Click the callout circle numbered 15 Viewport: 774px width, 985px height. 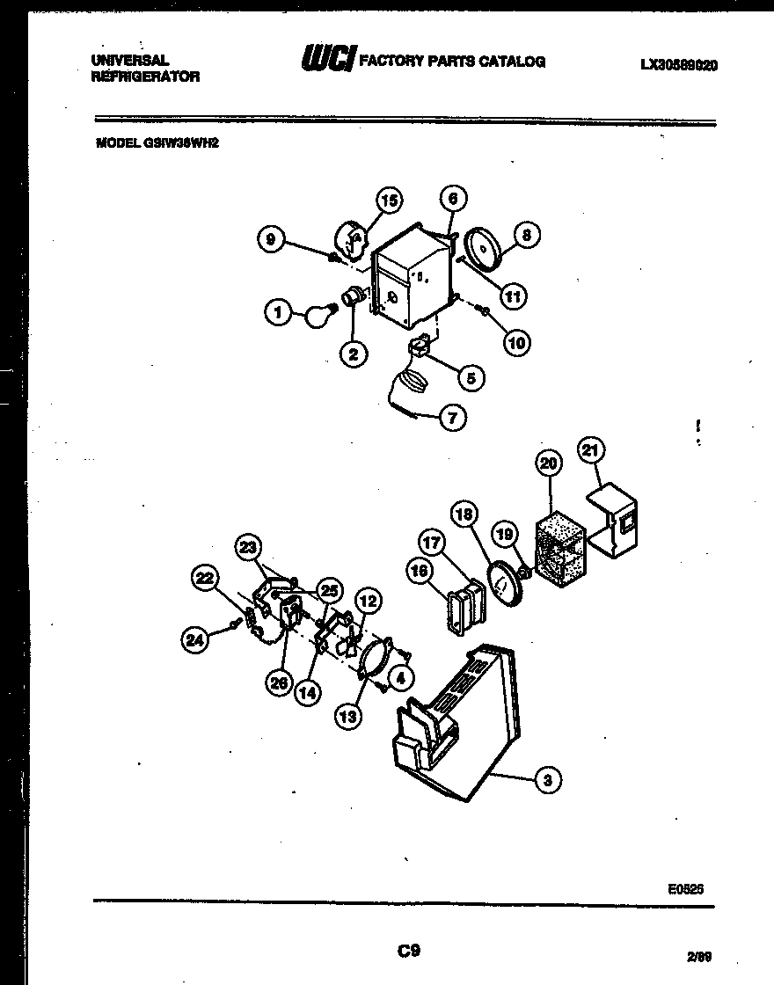(388, 201)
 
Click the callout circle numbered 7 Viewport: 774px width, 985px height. (452, 419)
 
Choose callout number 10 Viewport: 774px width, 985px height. (517, 343)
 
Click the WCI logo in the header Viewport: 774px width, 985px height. (327, 60)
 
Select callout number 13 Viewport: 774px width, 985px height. (348, 717)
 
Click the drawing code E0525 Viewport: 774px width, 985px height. (685, 889)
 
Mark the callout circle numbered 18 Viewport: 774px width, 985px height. (465, 514)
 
